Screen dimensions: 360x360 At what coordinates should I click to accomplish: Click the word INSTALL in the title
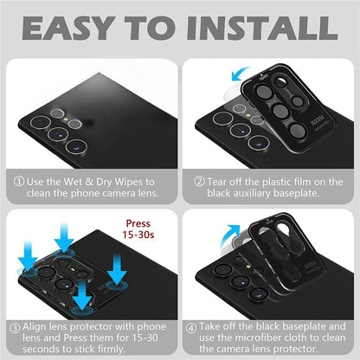pyautogui.click(x=262, y=28)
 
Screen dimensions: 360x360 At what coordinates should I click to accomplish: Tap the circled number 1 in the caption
pyautogui.click(x=19, y=182)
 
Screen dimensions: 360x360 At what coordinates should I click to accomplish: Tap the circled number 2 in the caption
pyautogui.click(x=199, y=182)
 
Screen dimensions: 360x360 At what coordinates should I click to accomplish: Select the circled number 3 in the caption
pyautogui.click(x=15, y=328)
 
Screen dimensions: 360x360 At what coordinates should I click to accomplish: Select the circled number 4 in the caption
pyautogui.click(x=191, y=328)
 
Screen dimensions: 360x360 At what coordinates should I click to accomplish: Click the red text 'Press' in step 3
pyautogui.click(x=138, y=223)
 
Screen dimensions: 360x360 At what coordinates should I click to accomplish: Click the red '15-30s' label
pyautogui.click(x=138, y=235)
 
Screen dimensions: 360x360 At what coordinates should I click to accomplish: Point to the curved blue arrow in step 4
pyautogui.click(x=228, y=235)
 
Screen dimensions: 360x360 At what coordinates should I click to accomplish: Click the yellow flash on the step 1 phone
pyautogui.click(x=67, y=119)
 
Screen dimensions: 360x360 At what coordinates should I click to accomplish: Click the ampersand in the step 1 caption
pyautogui.click(x=89, y=182)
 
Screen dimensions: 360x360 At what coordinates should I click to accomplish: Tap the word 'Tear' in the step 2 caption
pyautogui.click(x=216, y=182)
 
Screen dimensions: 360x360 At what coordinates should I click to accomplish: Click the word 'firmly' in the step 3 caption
pyautogui.click(x=112, y=349)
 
